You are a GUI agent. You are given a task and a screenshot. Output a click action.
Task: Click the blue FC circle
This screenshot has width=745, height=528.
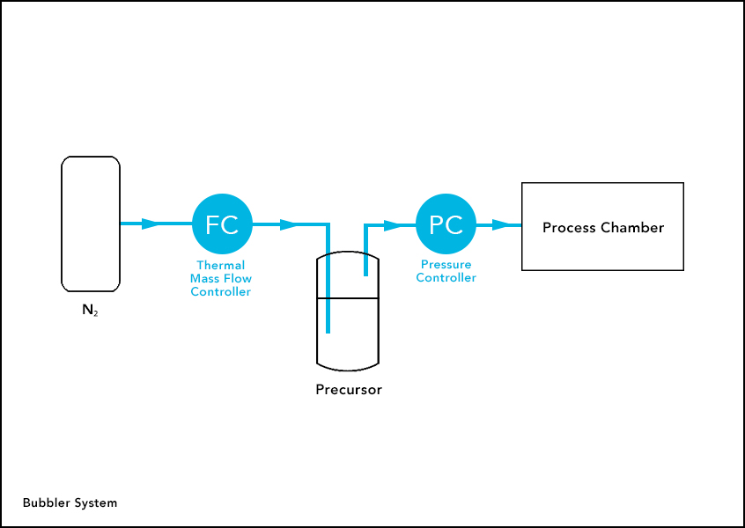pos(222,224)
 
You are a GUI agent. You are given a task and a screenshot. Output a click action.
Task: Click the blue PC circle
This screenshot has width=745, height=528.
pos(446,224)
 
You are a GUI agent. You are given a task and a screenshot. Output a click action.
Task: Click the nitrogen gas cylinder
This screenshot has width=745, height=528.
pos(91,224)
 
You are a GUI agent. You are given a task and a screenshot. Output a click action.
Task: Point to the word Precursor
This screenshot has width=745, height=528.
pos(349,389)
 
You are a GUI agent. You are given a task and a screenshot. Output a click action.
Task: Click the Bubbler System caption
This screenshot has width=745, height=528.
pos(70,503)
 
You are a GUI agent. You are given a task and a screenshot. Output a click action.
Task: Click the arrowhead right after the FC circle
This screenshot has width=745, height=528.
pos(288,224)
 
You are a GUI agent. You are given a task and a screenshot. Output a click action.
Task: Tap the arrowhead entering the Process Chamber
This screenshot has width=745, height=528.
pos(501,224)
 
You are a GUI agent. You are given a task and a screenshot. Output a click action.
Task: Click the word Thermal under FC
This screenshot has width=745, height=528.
pos(220,265)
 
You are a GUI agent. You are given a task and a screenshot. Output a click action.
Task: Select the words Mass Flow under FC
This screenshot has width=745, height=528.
pos(220,278)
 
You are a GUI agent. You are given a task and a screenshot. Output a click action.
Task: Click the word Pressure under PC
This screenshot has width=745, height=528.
pos(446,264)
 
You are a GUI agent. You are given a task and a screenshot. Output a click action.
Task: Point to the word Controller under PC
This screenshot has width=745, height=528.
pos(446,278)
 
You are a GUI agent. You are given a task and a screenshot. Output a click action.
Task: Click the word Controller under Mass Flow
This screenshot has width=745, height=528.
pos(220,291)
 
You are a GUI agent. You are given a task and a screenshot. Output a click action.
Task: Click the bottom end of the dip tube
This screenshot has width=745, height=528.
pos(328,331)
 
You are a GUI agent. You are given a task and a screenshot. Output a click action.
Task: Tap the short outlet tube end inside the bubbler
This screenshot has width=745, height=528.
pos(365,273)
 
